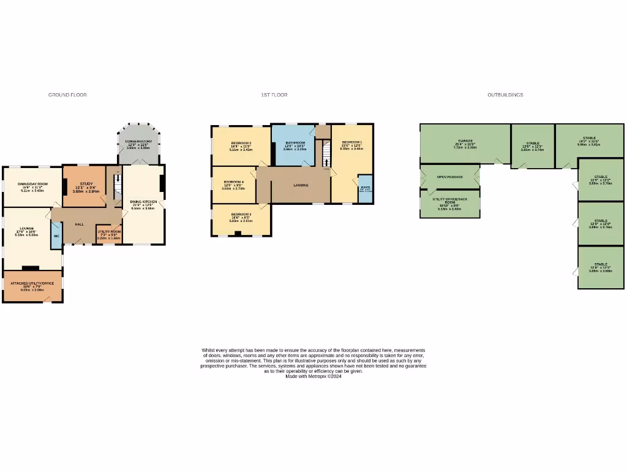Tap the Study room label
[86, 183]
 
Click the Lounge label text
[26, 228]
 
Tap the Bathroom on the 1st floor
[295, 143]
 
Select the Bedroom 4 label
[234, 182]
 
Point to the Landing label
[301, 185]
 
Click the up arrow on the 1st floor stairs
[326, 163]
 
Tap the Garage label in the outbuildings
[465, 140]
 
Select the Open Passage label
[449, 177]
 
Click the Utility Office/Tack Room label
[449, 200]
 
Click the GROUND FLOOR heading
[67, 95]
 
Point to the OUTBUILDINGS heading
[505, 95]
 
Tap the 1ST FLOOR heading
[274, 95]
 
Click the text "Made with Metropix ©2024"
[313, 377]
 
